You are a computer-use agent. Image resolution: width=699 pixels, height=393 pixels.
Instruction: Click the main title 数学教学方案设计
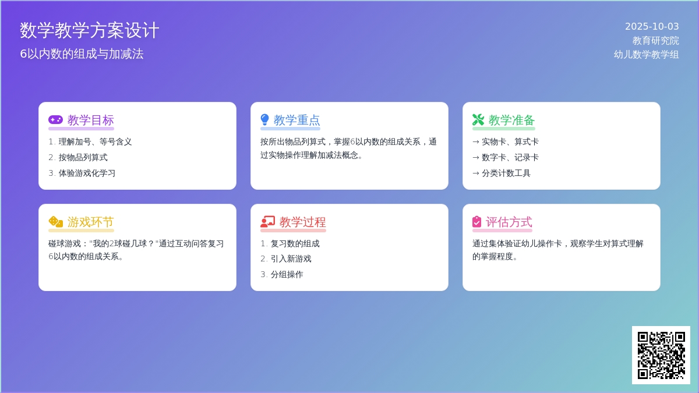tap(90, 30)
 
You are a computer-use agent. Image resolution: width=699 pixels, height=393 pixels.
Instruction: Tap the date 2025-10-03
tap(652, 27)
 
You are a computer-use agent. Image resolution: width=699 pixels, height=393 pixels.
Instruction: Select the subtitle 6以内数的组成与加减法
tap(82, 54)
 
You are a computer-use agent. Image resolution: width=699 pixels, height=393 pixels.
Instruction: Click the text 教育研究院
tap(656, 41)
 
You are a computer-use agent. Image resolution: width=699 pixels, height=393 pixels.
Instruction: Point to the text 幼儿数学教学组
tap(646, 54)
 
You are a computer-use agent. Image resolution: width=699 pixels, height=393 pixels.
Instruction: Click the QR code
tap(661, 355)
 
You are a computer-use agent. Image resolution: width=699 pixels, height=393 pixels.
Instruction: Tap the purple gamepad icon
tap(55, 120)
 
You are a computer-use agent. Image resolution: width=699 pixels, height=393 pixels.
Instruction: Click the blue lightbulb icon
tap(264, 120)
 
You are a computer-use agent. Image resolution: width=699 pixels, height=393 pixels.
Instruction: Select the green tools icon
tap(478, 120)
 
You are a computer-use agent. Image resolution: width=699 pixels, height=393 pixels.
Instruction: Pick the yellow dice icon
tap(56, 222)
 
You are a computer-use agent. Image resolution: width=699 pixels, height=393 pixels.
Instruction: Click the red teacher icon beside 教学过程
tap(268, 222)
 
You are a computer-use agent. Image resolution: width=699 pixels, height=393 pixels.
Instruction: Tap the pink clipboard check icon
tap(477, 222)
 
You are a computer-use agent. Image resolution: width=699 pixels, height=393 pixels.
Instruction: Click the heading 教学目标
tap(90, 120)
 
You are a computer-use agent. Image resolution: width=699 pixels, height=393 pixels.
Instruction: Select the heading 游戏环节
tap(90, 222)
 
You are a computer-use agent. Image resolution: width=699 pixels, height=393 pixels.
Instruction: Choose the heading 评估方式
tap(509, 222)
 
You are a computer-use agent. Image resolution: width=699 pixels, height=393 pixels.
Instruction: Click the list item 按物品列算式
tap(83, 158)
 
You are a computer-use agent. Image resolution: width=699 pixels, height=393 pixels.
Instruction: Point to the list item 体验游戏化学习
tap(87, 173)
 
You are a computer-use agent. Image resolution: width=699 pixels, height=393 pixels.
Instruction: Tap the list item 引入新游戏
tap(291, 259)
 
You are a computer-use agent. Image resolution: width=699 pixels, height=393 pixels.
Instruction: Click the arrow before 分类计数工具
tap(476, 174)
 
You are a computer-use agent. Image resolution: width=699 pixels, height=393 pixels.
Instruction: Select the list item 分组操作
tap(287, 274)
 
